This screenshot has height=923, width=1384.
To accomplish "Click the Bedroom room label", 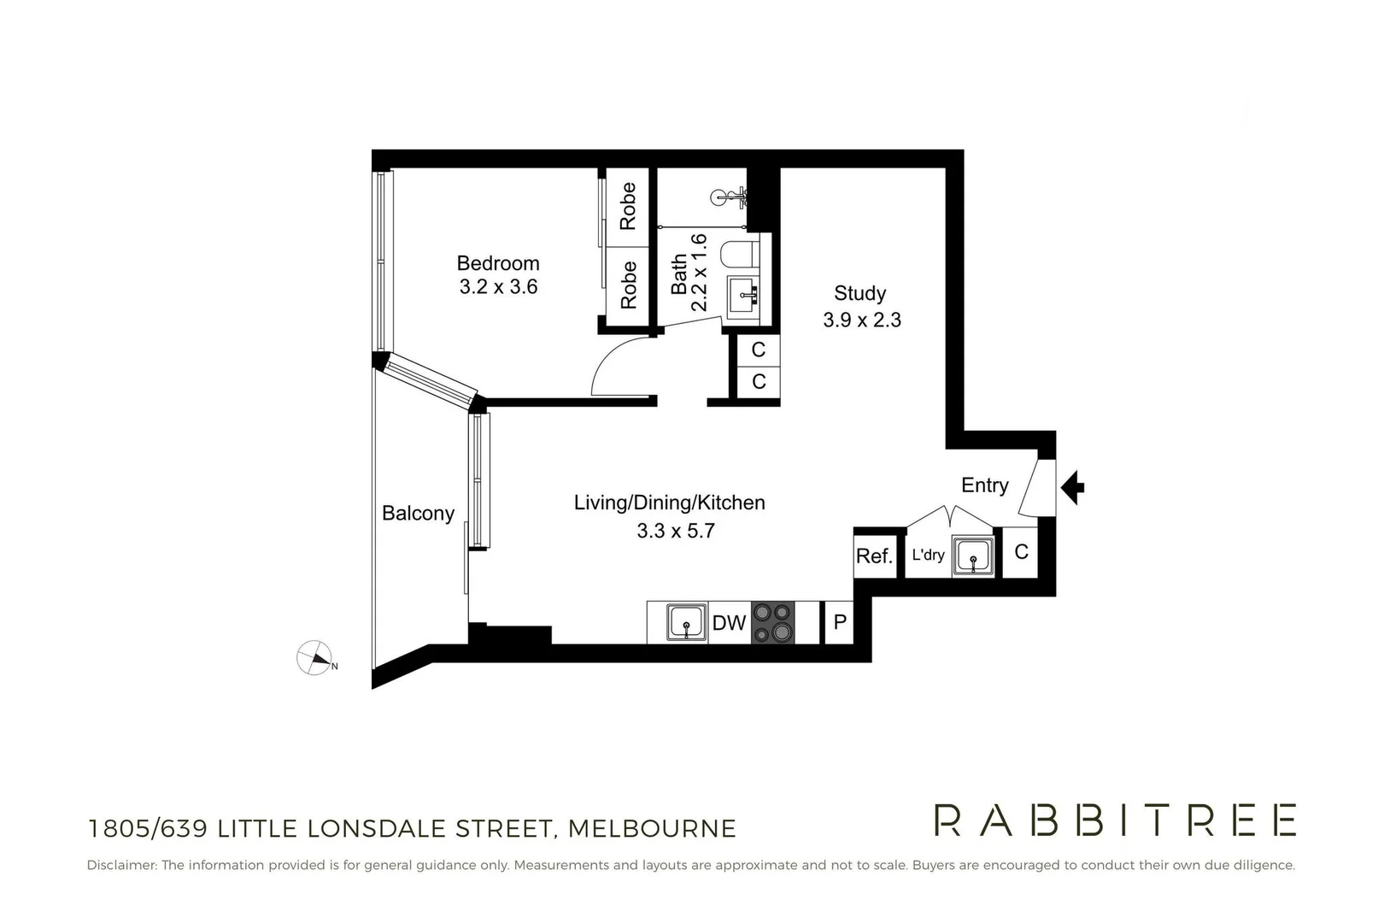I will pyautogui.click(x=497, y=263).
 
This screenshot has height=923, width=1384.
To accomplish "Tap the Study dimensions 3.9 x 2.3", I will pyautogui.click(x=861, y=320).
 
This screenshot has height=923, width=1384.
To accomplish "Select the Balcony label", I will pyautogui.click(x=418, y=513).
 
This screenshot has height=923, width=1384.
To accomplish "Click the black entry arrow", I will pyautogui.click(x=1073, y=488).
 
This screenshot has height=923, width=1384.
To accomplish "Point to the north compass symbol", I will pyautogui.click(x=314, y=658).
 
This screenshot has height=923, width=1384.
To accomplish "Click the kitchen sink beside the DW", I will pyautogui.click(x=686, y=622).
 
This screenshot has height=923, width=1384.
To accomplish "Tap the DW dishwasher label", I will pyautogui.click(x=729, y=623).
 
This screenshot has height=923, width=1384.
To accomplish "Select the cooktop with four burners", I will pyautogui.click(x=772, y=622).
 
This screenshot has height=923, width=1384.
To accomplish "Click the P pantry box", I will pyautogui.click(x=840, y=622).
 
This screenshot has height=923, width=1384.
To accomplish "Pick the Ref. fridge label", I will pyautogui.click(x=874, y=556).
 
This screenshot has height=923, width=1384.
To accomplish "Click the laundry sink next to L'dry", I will pyautogui.click(x=973, y=556).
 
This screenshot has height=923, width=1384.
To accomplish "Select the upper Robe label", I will pyautogui.click(x=628, y=206).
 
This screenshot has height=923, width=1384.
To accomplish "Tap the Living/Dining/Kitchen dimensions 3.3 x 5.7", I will pyautogui.click(x=675, y=531).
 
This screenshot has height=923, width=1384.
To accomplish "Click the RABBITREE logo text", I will pyautogui.click(x=1115, y=820).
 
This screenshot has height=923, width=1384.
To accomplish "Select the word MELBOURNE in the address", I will pyautogui.click(x=652, y=828).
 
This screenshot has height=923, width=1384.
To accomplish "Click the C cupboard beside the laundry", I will pyautogui.click(x=1021, y=552).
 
